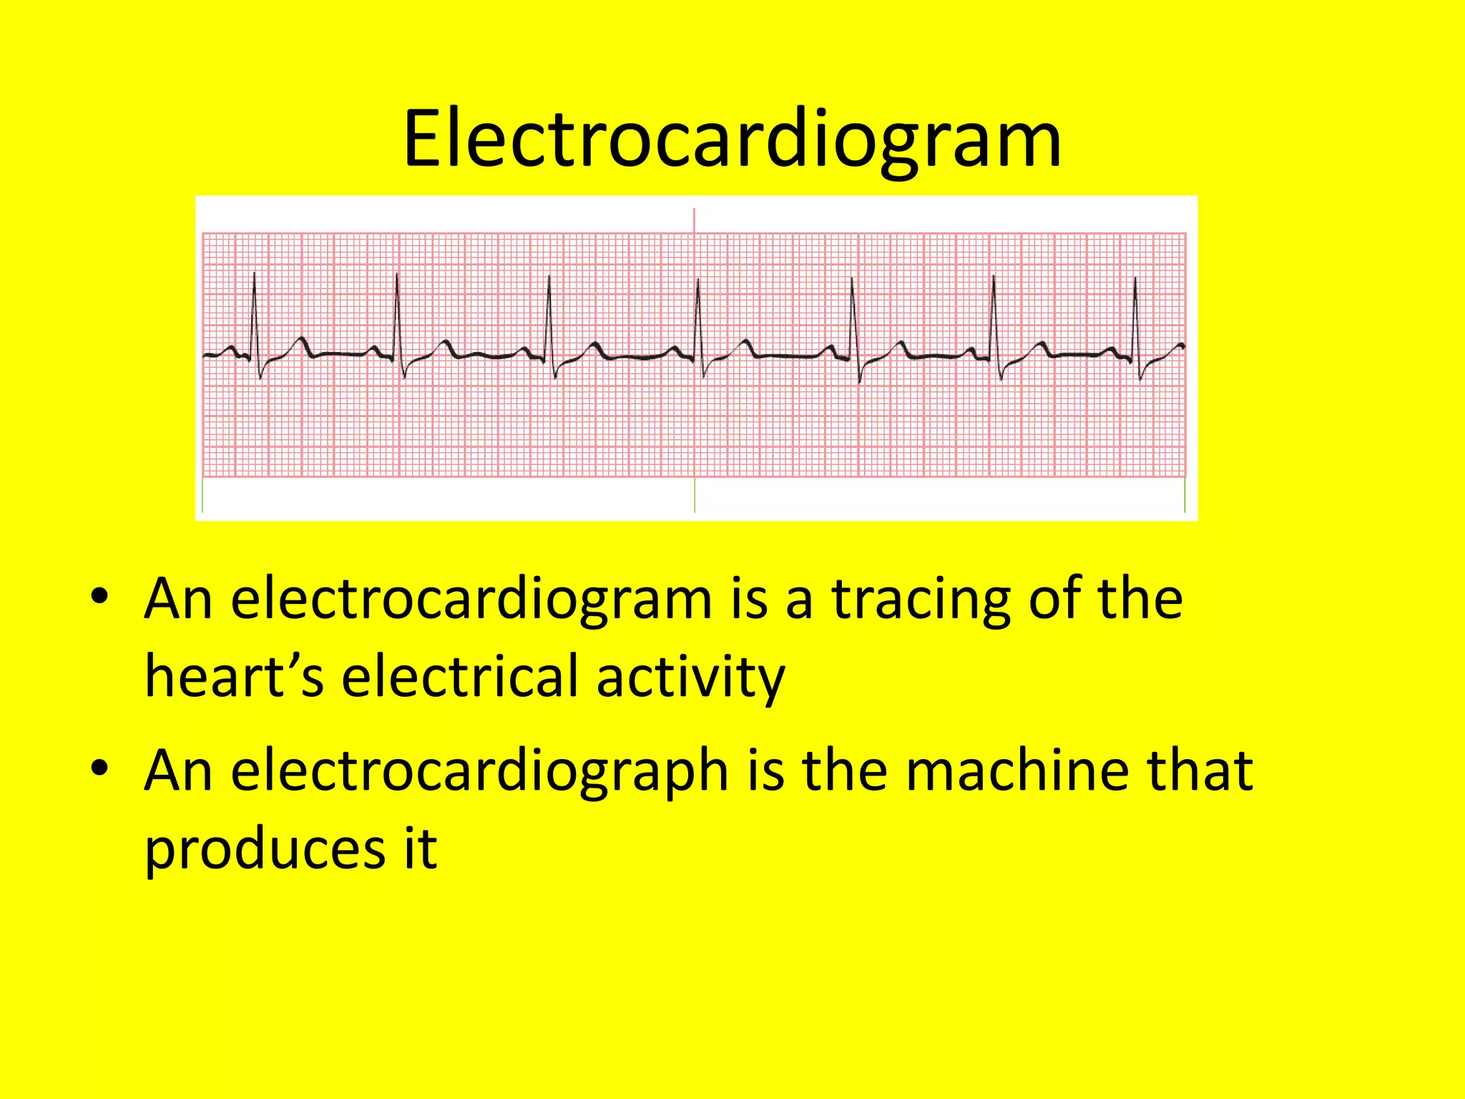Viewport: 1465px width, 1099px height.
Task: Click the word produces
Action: coord(265,850)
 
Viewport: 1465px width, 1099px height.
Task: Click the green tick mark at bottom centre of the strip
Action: coord(695,495)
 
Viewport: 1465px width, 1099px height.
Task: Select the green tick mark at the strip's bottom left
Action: coord(202,495)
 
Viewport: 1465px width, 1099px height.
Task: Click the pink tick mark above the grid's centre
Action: coord(694,220)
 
